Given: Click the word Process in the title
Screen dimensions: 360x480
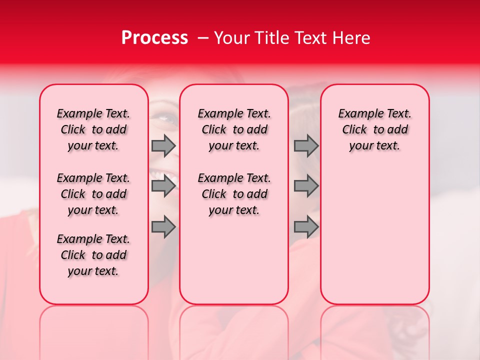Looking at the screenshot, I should [154, 38].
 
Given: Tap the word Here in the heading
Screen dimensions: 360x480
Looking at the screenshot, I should [351, 38].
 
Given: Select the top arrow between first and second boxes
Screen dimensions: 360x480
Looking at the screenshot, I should [163, 145].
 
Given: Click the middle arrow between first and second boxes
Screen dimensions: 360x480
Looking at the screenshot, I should [163, 186].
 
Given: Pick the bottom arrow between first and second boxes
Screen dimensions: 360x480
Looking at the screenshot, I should [163, 227].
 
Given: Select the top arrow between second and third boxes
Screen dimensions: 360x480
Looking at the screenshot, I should [306, 145].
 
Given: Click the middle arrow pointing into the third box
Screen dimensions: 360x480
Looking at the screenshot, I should [306, 186].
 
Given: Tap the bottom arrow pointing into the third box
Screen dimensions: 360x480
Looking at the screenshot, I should [306, 227].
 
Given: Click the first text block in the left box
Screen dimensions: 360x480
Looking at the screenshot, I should [93, 129].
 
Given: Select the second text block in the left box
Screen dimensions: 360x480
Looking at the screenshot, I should [93, 194].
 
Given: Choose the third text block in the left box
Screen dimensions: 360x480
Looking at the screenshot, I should [93, 255].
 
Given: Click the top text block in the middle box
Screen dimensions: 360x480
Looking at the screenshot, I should [234, 129].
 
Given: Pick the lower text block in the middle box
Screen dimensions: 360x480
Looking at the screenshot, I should [234, 194].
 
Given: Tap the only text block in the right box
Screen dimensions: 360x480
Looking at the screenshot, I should [374, 129].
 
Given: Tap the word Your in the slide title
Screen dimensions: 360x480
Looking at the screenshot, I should [232, 38].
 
